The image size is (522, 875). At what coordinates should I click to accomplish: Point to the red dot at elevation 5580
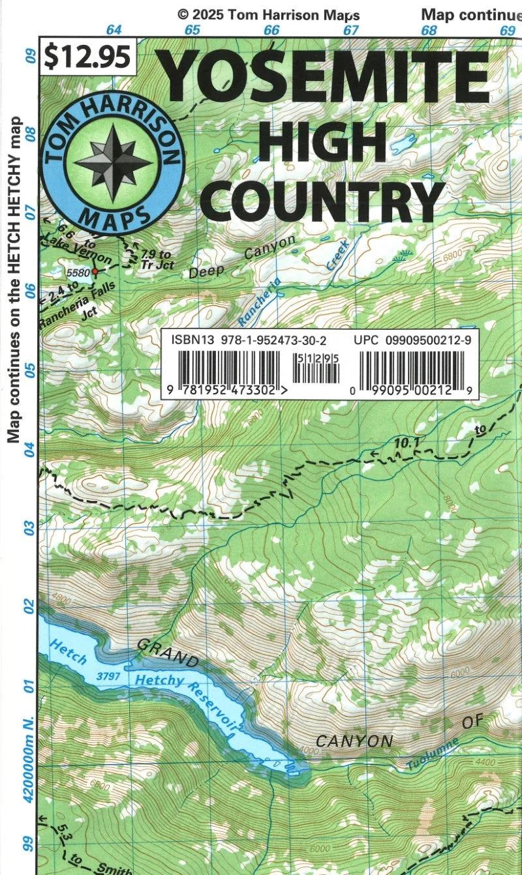click(95, 271)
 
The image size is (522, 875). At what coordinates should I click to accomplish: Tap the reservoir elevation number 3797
click(108, 677)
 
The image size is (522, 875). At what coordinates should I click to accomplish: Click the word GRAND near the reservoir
click(167, 651)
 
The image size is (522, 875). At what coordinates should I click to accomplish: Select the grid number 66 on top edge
click(271, 30)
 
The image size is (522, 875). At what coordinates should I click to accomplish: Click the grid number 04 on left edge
click(29, 449)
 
